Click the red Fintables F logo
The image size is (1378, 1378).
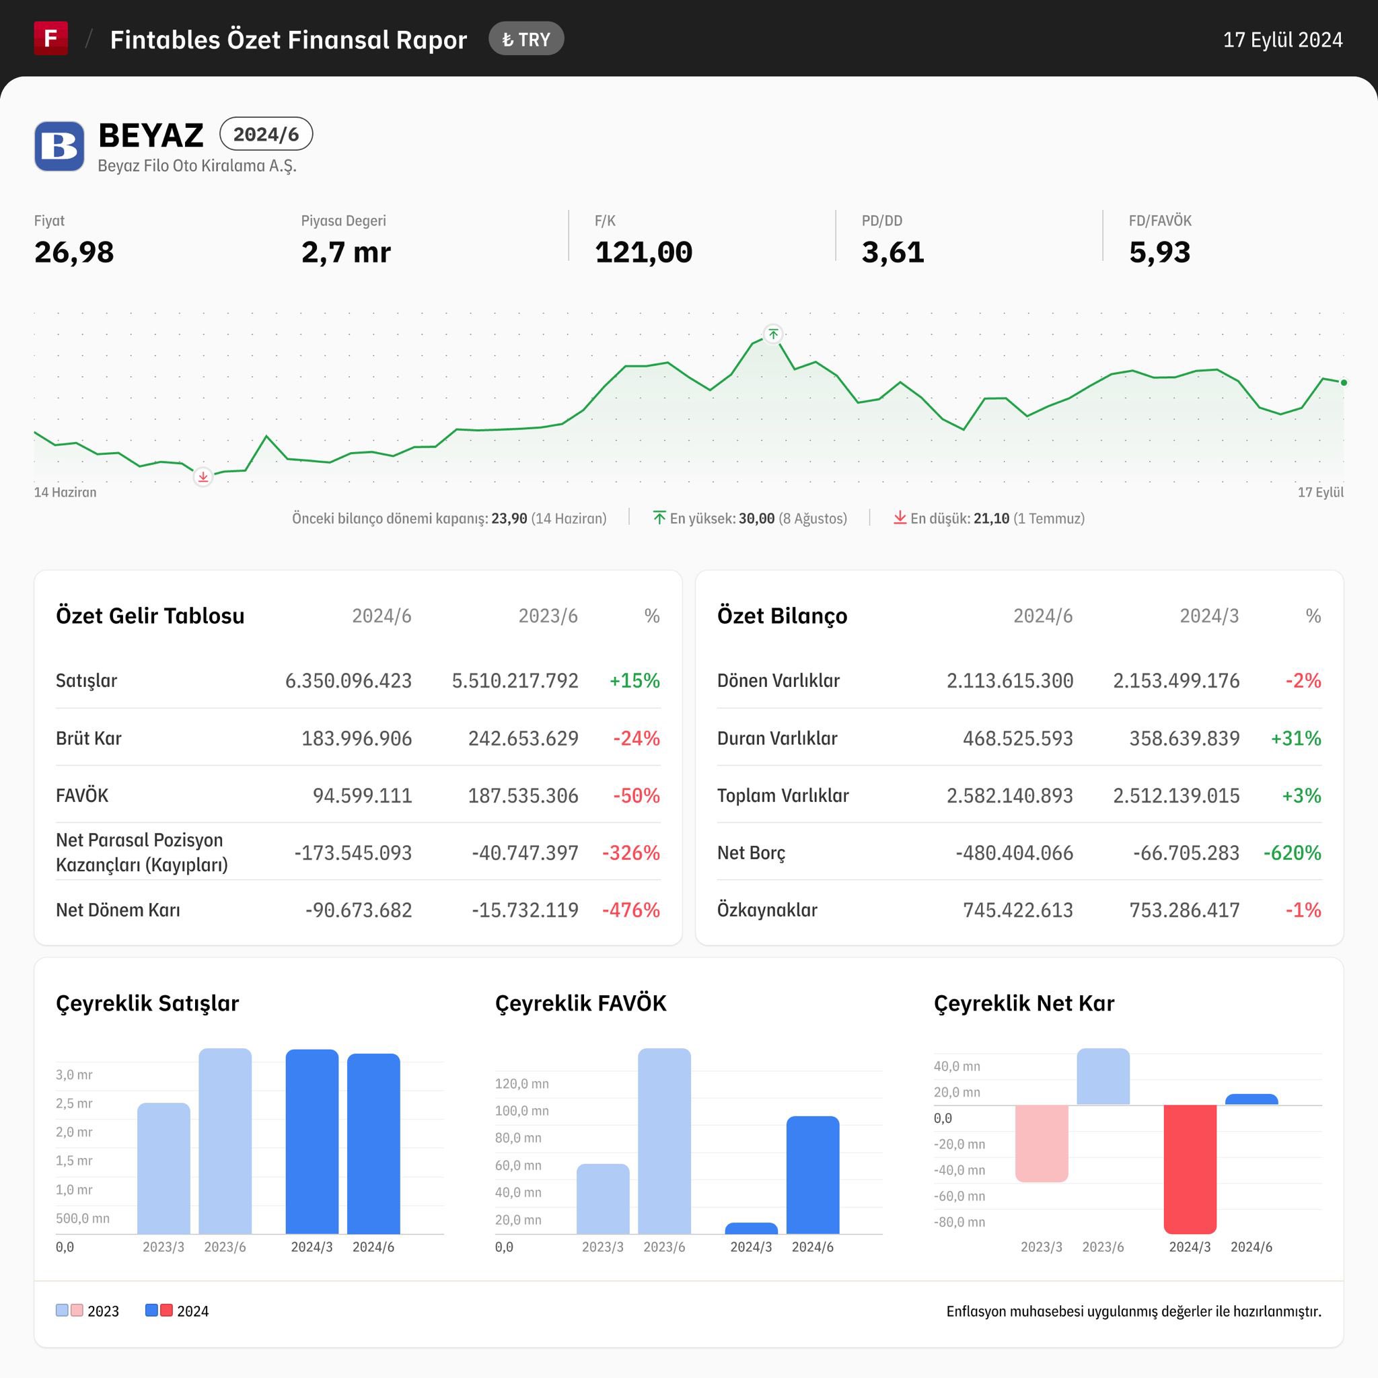[50, 38]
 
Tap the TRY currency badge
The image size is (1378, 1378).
[526, 39]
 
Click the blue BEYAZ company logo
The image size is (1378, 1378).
[59, 146]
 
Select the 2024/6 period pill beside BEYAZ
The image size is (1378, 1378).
[266, 134]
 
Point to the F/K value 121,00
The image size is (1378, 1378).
[643, 252]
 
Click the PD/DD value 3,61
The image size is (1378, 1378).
[892, 252]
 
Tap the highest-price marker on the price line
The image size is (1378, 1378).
[773, 334]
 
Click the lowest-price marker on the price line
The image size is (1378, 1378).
[203, 477]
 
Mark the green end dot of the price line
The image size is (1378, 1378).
[1344, 383]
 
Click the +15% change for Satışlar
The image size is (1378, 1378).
[634, 680]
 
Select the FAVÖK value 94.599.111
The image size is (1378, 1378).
[363, 795]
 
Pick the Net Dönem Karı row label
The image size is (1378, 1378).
[118, 910]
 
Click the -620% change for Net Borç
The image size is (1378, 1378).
[1293, 853]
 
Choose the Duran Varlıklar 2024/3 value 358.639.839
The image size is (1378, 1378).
[1185, 738]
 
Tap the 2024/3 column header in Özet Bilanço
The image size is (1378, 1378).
[1209, 616]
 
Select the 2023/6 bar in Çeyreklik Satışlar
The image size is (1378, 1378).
[225, 1141]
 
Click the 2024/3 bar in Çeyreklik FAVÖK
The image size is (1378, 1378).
[751, 1228]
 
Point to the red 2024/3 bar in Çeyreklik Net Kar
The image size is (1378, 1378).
[1190, 1169]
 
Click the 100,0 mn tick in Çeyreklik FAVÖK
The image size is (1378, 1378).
[522, 1110]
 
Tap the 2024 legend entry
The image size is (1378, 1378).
[177, 1311]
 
